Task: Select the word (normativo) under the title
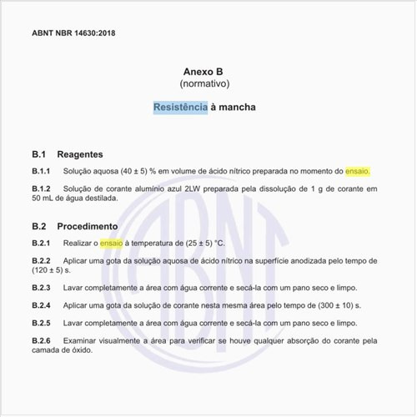point(208,84)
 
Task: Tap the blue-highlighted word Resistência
point(180,108)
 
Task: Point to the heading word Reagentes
point(80,154)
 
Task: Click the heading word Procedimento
point(88,226)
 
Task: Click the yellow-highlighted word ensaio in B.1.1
point(358,171)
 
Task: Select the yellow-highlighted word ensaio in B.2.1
point(112,243)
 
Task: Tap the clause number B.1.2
point(42,188)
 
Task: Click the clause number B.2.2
point(42,261)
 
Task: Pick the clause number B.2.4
point(42,305)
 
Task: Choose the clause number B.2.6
point(42,340)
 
